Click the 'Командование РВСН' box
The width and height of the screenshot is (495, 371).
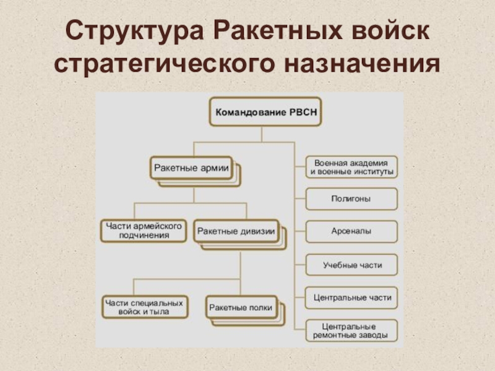click(261, 113)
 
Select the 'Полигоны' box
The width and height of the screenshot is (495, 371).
click(351, 199)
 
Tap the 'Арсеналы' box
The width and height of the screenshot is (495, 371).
click(351, 231)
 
